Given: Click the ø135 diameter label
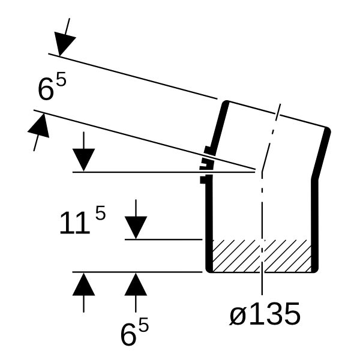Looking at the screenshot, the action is tap(265, 314).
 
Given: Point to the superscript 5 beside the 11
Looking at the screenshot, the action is tap(100, 213).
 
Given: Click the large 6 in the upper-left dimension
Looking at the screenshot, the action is tap(46, 89).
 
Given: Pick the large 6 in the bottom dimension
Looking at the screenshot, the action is tap(128, 334).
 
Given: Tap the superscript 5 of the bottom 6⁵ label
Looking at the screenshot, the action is tap(143, 325).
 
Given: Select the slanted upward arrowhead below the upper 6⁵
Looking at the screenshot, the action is tap(40, 126).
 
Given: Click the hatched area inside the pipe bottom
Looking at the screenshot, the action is tap(262, 256).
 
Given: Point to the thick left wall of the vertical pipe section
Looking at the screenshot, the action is tap(209, 224).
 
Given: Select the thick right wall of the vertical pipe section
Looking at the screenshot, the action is tap(315, 225).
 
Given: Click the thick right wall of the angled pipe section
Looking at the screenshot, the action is tap(321, 153).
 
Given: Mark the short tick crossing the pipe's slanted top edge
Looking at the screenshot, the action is tap(278, 112).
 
